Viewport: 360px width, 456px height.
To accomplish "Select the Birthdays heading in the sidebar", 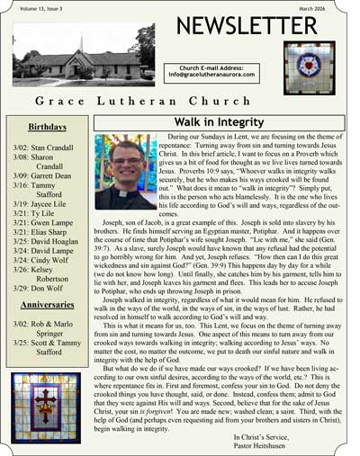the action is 47,128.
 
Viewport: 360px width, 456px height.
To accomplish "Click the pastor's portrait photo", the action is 126,172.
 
